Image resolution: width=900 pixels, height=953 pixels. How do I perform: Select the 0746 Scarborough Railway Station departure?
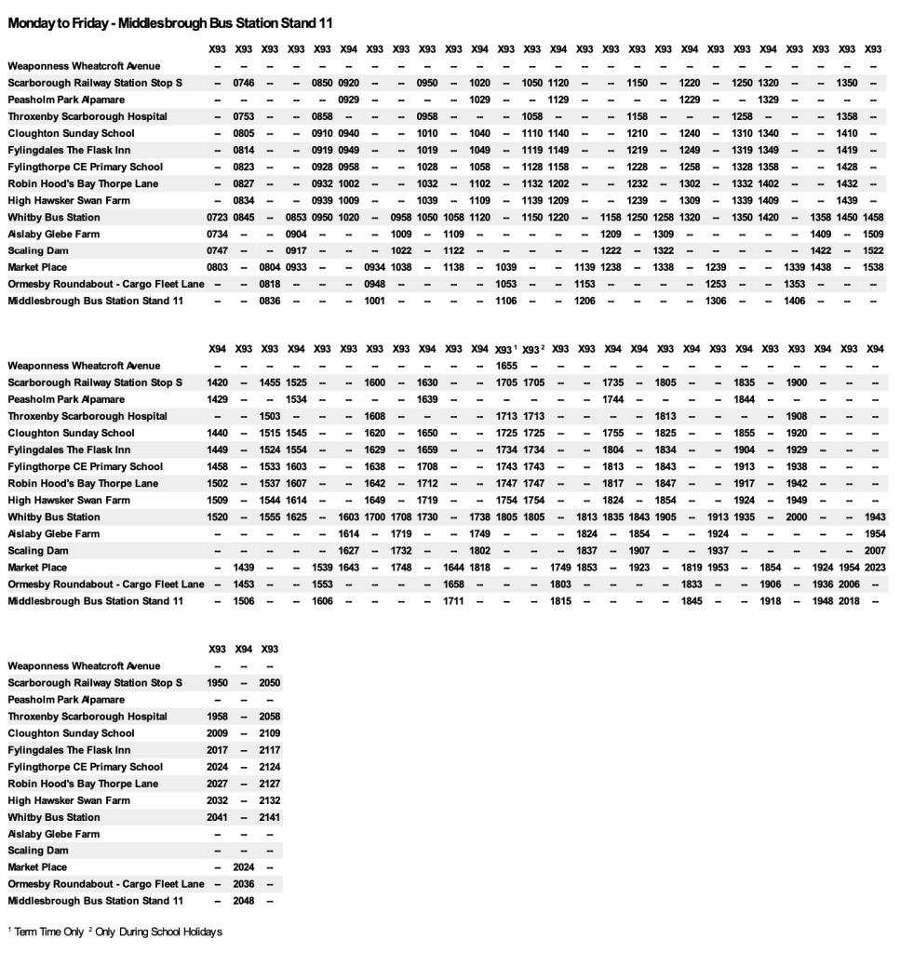tap(244, 83)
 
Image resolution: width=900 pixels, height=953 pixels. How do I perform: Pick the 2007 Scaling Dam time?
tap(874, 551)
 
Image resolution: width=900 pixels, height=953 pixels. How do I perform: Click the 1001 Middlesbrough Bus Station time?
tap(375, 301)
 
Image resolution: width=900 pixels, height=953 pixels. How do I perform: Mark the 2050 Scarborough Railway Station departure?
tap(270, 683)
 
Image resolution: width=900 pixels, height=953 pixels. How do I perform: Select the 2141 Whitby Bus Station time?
tap(270, 817)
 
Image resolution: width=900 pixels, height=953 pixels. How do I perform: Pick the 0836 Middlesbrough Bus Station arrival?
tap(270, 301)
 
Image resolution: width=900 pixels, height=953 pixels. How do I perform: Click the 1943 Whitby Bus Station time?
tap(874, 517)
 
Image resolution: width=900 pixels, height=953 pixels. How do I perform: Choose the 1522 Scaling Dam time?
tap(874, 250)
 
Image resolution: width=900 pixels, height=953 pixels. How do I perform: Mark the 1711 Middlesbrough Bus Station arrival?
tap(453, 601)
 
